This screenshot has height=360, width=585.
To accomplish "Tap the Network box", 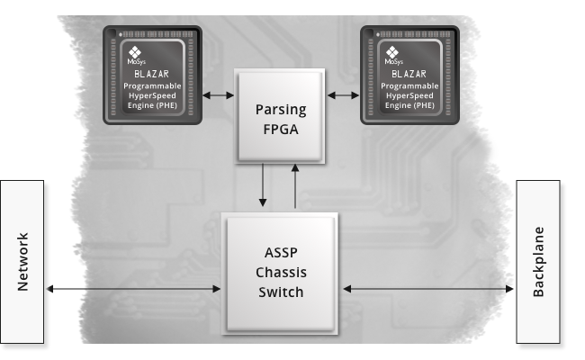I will [x=22, y=262].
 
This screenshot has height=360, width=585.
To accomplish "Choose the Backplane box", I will [x=538, y=262].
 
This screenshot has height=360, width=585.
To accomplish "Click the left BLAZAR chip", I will [x=151, y=74].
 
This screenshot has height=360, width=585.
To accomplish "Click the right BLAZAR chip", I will [x=409, y=74].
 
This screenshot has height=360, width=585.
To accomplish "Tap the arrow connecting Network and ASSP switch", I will [x=132, y=289].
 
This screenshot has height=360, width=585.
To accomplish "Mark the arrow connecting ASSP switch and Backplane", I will [x=427, y=289].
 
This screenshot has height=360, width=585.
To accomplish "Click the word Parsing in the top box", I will [x=281, y=110].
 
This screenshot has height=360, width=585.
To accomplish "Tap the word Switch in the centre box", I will [x=279, y=292].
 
